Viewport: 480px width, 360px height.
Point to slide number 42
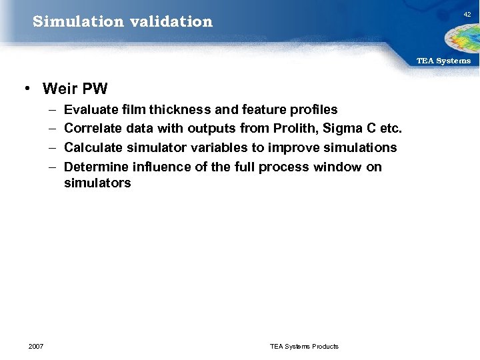pyautogui.click(x=467, y=13)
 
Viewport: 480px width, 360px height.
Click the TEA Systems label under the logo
pyautogui.click(x=443, y=61)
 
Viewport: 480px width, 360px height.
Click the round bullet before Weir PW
pyautogui.click(x=25, y=89)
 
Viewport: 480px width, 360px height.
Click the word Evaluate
pyautogui.click(x=92, y=109)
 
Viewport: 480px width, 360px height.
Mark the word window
pyautogui.click(x=339, y=167)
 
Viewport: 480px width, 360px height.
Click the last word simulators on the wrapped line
pyautogui.click(x=97, y=183)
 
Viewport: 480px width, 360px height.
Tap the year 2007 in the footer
pyautogui.click(x=36, y=346)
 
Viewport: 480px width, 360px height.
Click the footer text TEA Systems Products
pyautogui.click(x=304, y=346)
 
